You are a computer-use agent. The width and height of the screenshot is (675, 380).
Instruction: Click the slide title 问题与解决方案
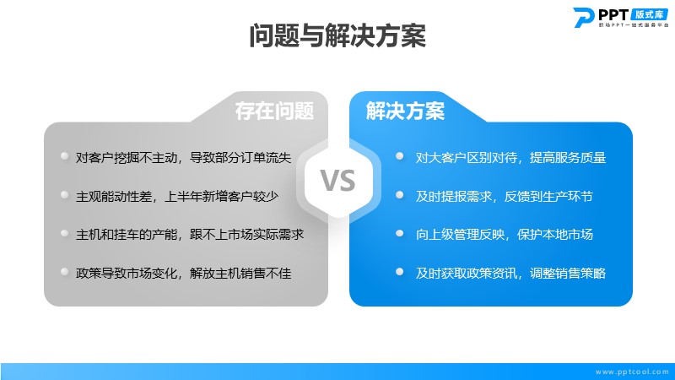click(337, 35)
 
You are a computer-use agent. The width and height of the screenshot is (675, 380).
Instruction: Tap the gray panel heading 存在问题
click(274, 111)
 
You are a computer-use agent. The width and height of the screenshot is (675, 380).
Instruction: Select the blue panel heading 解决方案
click(405, 111)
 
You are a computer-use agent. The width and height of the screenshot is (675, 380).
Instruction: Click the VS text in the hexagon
click(338, 181)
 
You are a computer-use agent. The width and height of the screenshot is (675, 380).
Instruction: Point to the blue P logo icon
click(583, 17)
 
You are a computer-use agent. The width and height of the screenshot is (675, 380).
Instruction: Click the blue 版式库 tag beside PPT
click(649, 14)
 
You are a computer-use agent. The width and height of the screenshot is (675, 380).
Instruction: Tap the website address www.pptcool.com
click(632, 372)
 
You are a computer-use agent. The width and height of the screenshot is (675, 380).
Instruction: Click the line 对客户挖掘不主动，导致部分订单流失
click(183, 158)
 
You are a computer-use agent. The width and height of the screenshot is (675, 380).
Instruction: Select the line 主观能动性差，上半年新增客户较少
click(177, 197)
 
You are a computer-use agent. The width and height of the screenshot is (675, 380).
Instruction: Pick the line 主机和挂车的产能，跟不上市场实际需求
click(190, 235)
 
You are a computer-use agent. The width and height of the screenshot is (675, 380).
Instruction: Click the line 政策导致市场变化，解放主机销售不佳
click(183, 273)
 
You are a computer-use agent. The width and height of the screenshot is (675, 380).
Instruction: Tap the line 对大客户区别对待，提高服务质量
click(510, 158)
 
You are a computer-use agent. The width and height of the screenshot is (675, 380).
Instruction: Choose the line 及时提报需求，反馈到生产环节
click(504, 197)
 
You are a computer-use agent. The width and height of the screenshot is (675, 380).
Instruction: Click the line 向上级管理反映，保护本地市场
click(504, 235)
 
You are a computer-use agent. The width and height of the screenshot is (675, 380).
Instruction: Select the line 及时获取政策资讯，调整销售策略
click(510, 273)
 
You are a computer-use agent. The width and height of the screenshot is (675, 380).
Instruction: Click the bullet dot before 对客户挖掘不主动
click(65, 156)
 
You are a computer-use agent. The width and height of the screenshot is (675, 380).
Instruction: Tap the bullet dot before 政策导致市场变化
click(65, 271)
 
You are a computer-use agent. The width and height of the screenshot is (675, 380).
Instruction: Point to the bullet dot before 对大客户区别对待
click(399, 156)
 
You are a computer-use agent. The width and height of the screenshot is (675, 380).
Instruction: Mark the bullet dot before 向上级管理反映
click(399, 233)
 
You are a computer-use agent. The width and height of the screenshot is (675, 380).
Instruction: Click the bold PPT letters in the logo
click(613, 14)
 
